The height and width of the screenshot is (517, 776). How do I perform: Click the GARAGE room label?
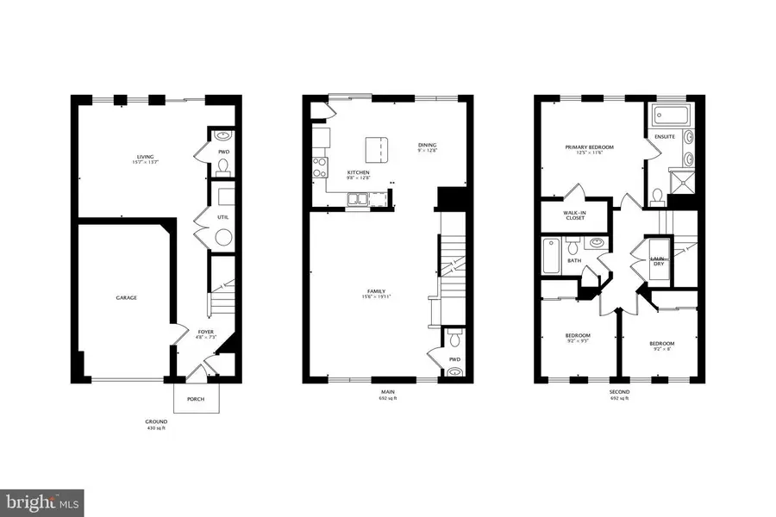127,298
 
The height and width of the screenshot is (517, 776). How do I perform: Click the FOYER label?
205,331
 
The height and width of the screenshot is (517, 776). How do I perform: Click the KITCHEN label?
358,173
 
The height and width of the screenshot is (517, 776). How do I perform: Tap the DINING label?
428,145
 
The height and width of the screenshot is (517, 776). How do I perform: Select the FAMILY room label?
375,291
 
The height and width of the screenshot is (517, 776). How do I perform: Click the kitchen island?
376,148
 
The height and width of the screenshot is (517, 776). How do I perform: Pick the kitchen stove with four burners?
320,165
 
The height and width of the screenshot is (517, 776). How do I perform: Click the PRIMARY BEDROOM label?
591,147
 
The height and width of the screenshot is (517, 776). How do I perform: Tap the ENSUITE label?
665,136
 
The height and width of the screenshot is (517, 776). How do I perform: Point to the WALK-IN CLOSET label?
574,215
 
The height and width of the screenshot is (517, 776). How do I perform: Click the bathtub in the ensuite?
667,115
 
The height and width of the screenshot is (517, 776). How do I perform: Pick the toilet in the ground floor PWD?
223,165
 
